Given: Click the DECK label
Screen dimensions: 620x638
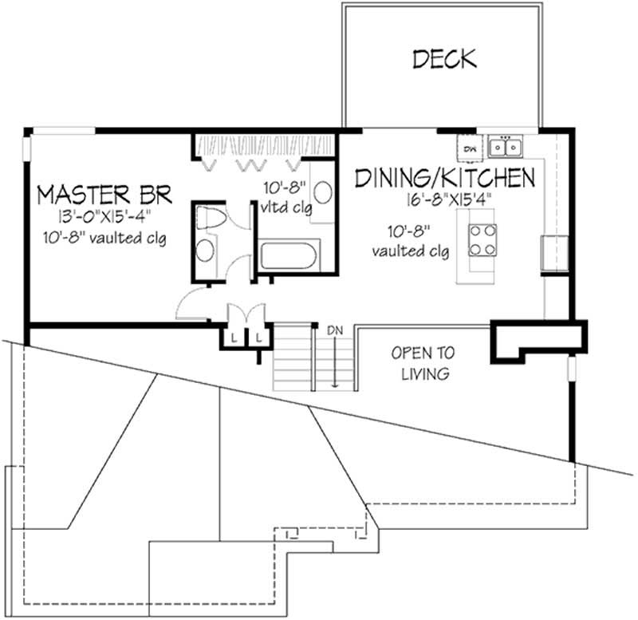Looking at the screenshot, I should coord(444,58).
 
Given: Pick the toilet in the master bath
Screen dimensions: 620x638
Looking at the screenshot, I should coord(210,218).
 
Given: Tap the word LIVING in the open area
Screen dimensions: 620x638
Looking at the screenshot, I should coord(422,373).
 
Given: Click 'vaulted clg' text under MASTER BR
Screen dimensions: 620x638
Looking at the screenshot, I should coord(116,238).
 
